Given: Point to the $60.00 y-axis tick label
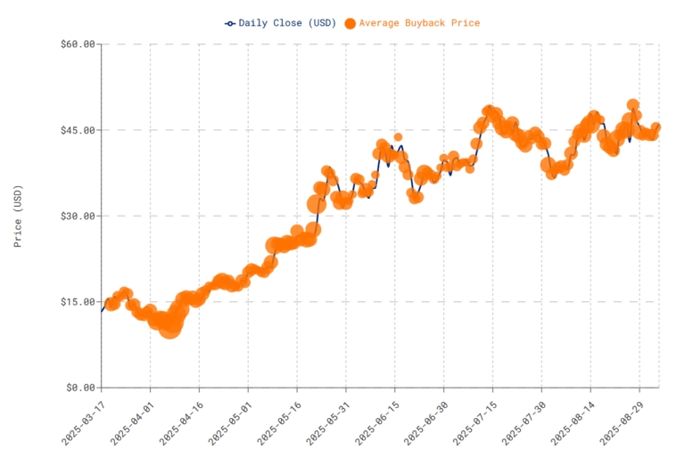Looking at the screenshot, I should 78,45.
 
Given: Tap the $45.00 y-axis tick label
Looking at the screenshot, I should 78,130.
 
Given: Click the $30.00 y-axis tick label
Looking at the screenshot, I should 78,216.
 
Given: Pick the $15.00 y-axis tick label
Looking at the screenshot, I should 78,301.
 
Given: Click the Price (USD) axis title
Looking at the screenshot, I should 19,216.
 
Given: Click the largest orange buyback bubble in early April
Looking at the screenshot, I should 169,326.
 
